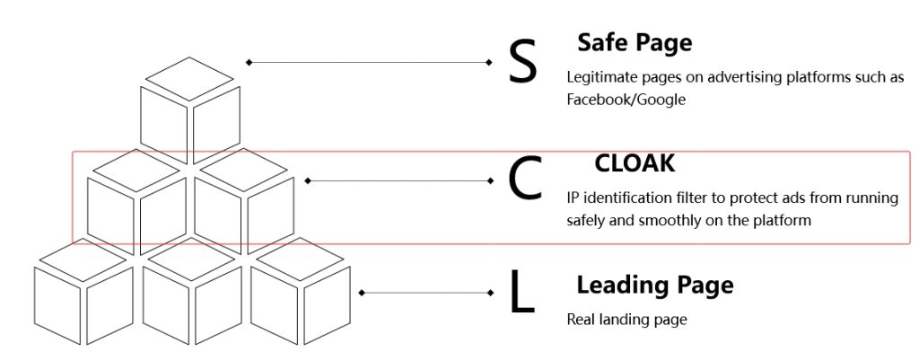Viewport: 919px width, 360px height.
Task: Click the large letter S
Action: [x=522, y=62]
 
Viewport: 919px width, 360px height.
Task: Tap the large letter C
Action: [x=525, y=180]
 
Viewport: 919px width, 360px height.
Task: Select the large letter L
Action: [x=521, y=293]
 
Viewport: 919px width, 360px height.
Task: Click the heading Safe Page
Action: [x=635, y=42]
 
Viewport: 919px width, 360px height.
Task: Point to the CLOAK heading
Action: [x=635, y=163]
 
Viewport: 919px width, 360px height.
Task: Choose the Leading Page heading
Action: [x=654, y=285]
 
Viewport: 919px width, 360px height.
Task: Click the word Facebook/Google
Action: [x=626, y=100]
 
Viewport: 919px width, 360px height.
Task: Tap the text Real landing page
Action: [x=626, y=319]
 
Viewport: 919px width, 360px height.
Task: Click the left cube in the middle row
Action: [x=137, y=202]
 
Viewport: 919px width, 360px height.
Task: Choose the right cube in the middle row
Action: [x=244, y=202]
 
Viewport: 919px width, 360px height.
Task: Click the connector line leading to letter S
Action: [x=368, y=62]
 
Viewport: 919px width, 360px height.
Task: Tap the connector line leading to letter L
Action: [x=425, y=293]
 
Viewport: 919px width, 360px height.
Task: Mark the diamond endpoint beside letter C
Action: [x=490, y=180]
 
